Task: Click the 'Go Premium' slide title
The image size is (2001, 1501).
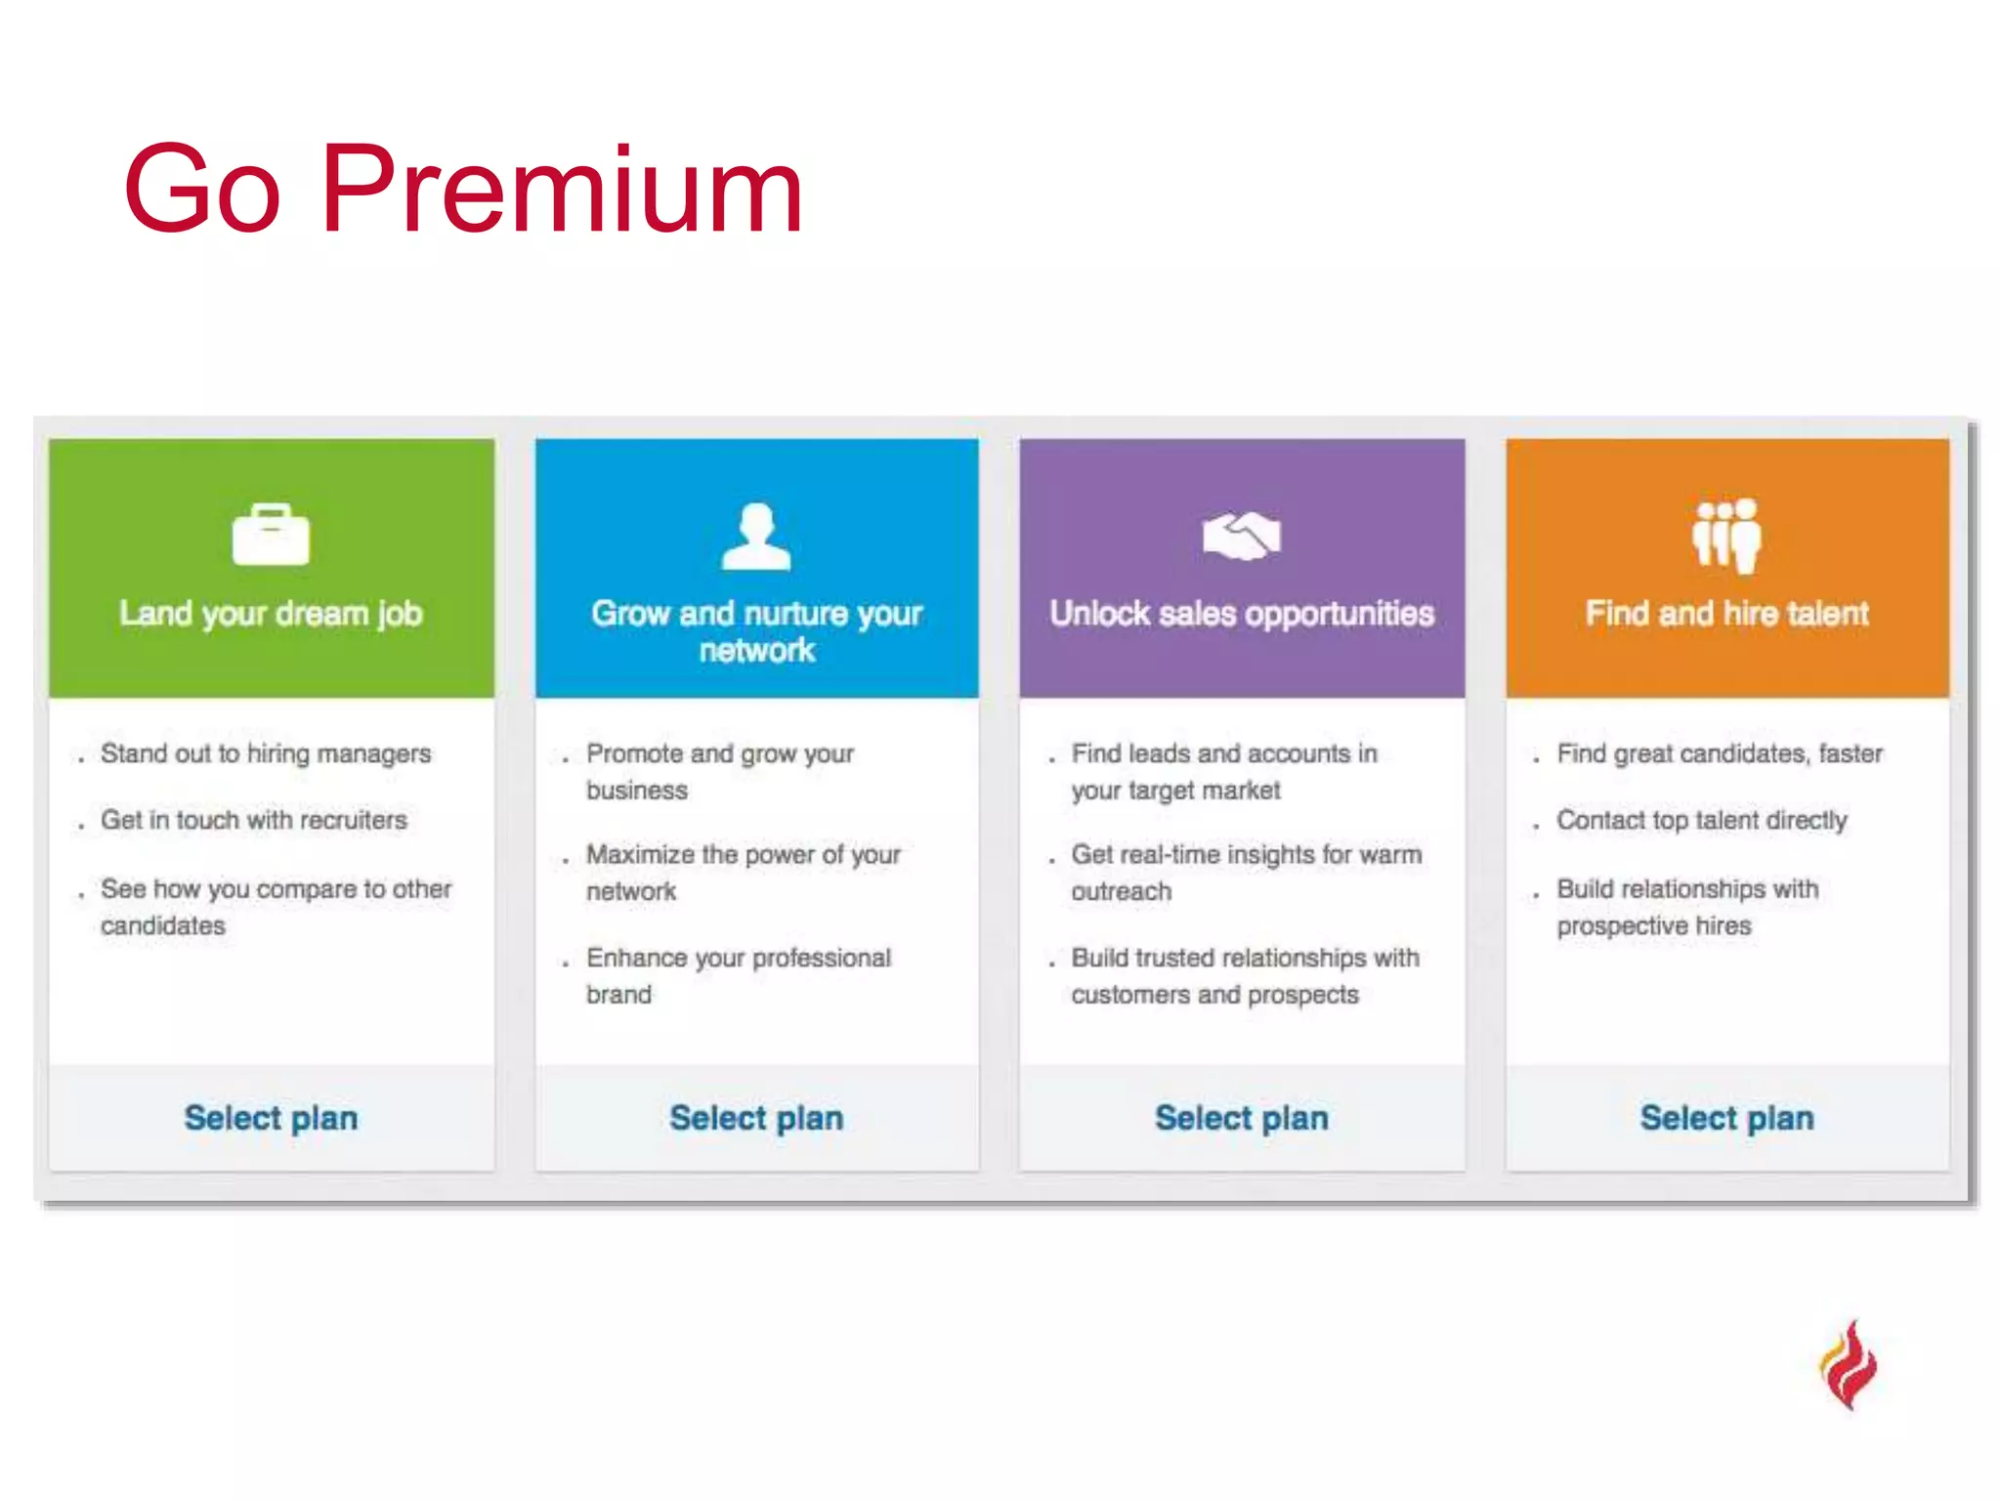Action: [x=463, y=190]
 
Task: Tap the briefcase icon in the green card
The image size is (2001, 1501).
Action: [x=271, y=535]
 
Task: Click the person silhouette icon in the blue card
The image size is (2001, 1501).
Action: [x=755, y=536]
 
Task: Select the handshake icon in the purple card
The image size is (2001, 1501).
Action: [x=1241, y=536]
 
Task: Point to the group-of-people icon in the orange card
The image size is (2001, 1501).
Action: [x=1726, y=535]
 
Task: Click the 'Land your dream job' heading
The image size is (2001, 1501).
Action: [x=271, y=614]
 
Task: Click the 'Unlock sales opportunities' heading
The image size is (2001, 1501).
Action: [x=1241, y=614]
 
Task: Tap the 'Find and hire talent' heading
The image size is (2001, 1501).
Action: [x=1726, y=614]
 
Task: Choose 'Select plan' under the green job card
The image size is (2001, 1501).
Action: [x=271, y=1118]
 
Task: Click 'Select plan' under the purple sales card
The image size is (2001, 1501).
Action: [x=1241, y=1118]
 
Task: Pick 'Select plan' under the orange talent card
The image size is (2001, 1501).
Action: [x=1726, y=1118]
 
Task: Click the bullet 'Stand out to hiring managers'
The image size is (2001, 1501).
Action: [x=265, y=753]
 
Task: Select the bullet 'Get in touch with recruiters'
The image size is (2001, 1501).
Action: [x=253, y=820]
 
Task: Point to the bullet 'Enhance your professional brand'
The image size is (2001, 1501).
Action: [x=738, y=975]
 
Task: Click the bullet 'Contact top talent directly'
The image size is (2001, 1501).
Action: [x=1701, y=820]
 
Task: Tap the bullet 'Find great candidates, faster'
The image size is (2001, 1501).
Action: [x=1719, y=753]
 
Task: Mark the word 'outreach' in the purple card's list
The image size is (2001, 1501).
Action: [x=1121, y=891]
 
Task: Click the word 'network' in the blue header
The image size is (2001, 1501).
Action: [x=756, y=651]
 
